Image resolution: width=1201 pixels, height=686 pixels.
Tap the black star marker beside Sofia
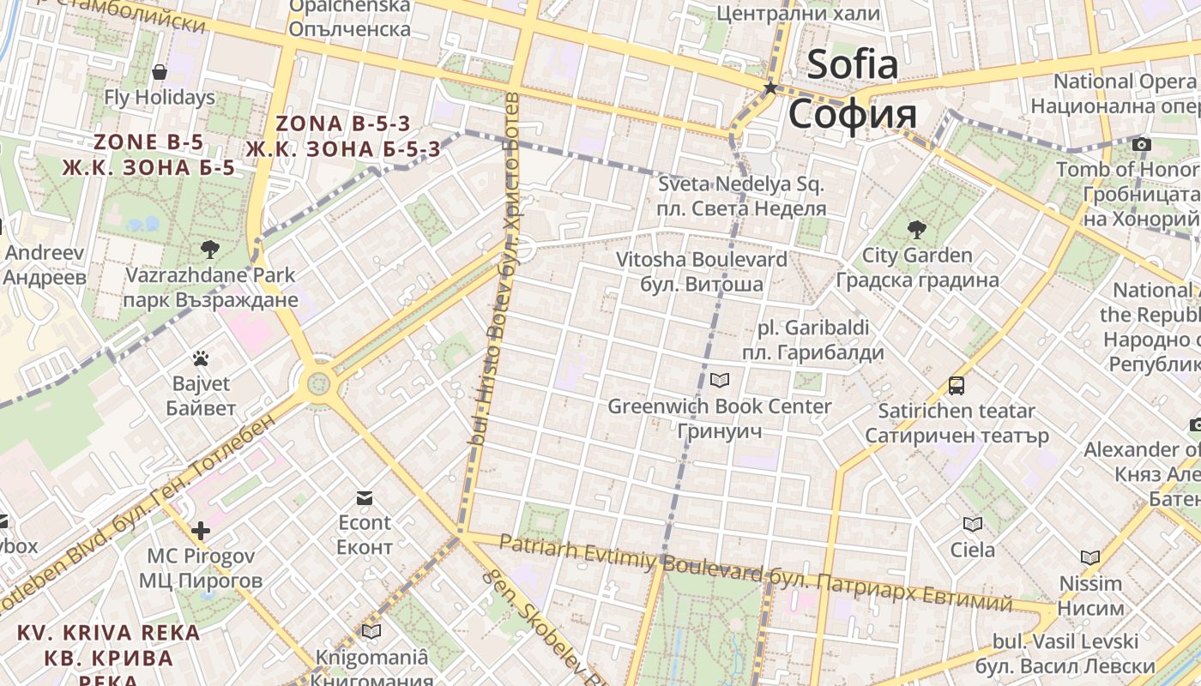click(x=770, y=88)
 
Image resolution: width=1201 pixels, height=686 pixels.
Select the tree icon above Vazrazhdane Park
click(x=209, y=250)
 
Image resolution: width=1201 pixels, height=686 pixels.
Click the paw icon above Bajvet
click(x=201, y=358)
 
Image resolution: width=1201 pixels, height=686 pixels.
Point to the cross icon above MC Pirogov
click(x=201, y=531)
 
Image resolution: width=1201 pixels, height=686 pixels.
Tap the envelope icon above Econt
click(x=365, y=498)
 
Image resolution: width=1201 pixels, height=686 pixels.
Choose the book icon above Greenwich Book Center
click(x=720, y=380)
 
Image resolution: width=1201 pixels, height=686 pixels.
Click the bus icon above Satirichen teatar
click(x=957, y=386)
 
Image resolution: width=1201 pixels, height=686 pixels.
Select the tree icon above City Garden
click(x=916, y=229)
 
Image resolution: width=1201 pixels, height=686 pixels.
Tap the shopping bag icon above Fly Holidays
click(x=159, y=72)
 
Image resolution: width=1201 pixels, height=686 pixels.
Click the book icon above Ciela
click(x=972, y=524)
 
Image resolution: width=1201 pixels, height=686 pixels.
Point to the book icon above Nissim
click(x=1090, y=557)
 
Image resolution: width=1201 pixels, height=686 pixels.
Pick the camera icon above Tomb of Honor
click(x=1141, y=144)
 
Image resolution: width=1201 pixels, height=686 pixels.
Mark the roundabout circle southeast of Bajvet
click(x=318, y=382)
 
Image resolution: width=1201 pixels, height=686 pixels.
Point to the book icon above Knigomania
click(x=371, y=632)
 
